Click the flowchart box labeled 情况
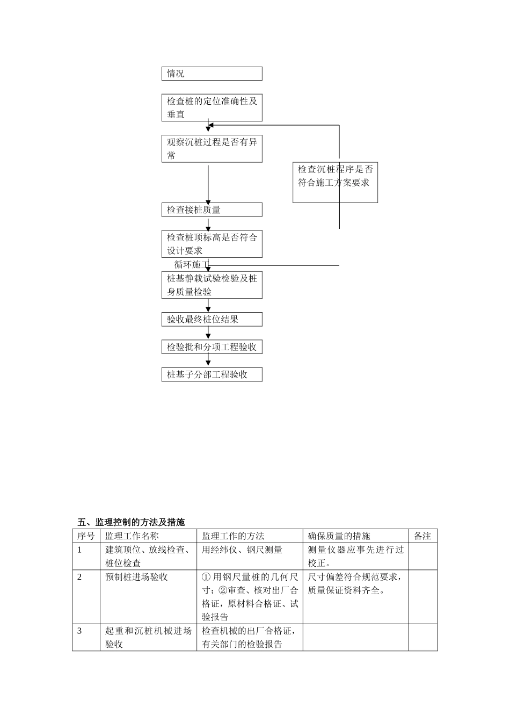click(x=212, y=74)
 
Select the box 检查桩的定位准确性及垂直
click(x=212, y=107)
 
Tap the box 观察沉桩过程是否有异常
click(x=212, y=149)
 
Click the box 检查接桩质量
click(x=212, y=210)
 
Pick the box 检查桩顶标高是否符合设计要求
click(x=212, y=244)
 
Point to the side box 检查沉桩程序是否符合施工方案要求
click(x=335, y=182)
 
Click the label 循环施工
click(x=191, y=265)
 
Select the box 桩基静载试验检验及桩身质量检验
click(x=212, y=285)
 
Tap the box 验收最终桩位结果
click(x=212, y=319)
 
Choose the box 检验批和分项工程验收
click(x=212, y=347)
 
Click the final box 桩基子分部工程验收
click(x=212, y=374)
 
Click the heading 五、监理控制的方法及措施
click(x=131, y=522)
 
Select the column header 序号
click(x=86, y=536)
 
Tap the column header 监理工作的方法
click(x=233, y=536)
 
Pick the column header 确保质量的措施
click(x=339, y=536)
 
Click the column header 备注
click(x=422, y=536)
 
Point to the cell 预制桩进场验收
click(x=136, y=577)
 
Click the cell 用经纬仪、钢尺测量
click(x=242, y=550)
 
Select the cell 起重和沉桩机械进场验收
click(x=148, y=637)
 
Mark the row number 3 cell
click(x=80, y=631)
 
